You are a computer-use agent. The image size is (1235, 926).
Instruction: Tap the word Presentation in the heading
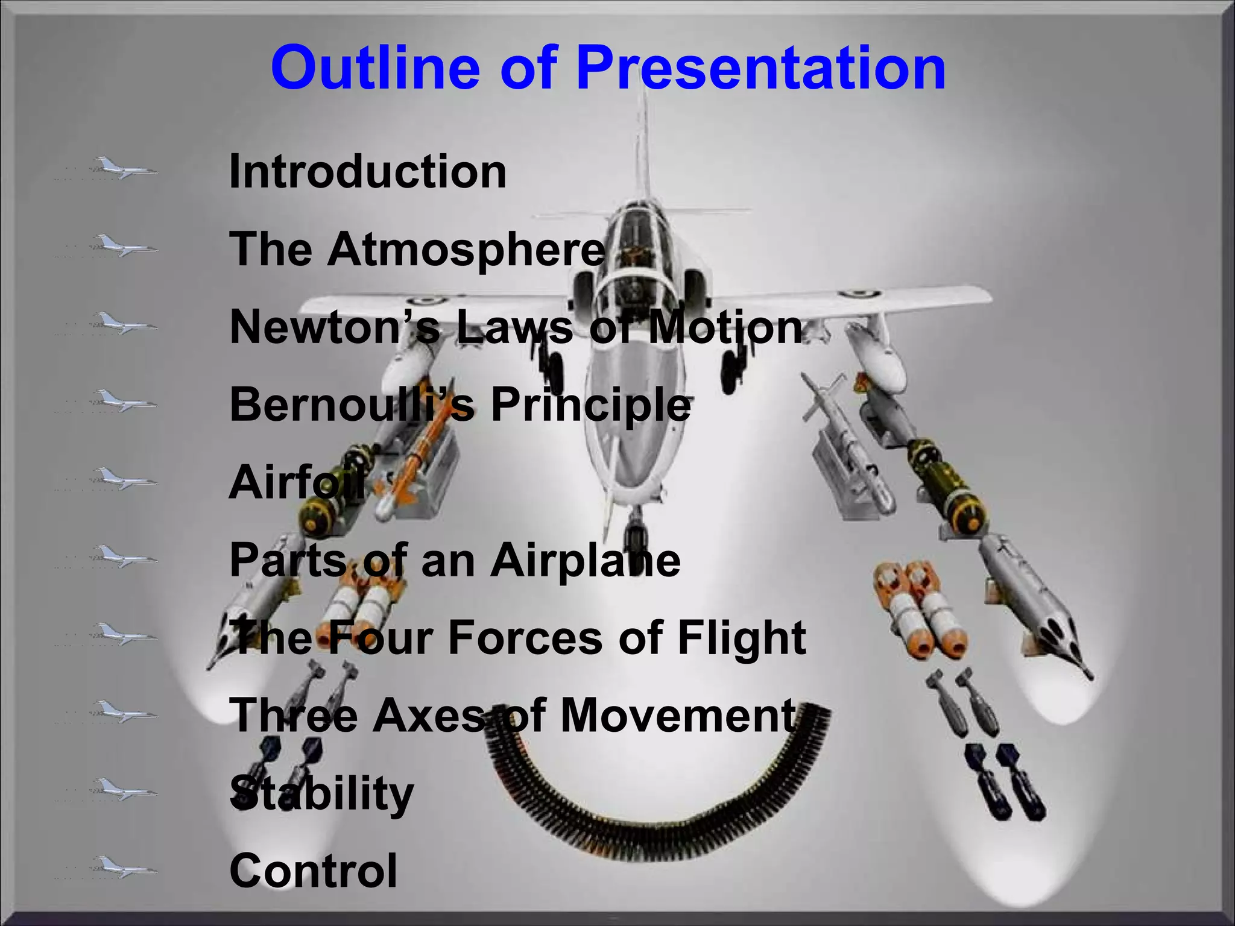click(x=760, y=68)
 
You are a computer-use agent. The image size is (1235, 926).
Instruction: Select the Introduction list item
click(x=368, y=172)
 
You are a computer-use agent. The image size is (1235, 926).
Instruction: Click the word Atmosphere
click(x=466, y=249)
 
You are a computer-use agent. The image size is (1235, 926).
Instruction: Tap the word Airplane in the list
click(x=585, y=560)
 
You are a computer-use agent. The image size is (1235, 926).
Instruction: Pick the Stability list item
click(x=321, y=793)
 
